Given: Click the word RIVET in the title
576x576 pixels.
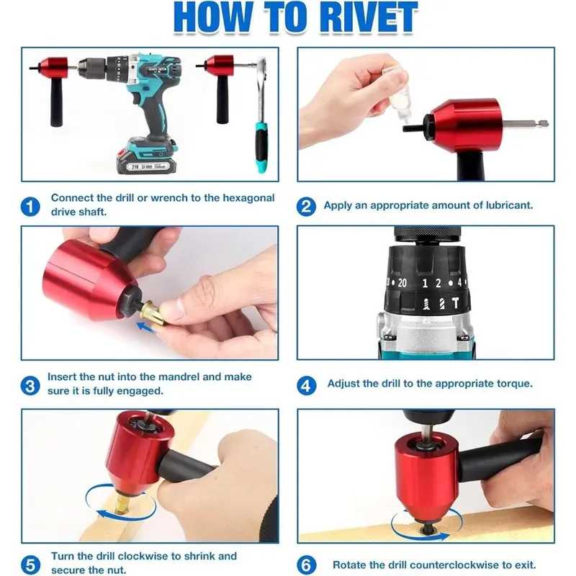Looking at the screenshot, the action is pos(369,17).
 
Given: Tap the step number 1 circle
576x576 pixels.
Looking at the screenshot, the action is pos(30,207).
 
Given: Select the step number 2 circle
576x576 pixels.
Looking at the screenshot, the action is pos(306,207).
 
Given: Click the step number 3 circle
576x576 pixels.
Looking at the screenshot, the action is pos(30,386).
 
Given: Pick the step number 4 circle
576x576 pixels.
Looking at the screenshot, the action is pos(306,386).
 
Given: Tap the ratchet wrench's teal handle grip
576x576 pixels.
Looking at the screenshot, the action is pos(261,147).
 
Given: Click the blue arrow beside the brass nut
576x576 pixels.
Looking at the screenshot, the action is pos(147,327).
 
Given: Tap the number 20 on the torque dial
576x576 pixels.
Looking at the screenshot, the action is pos(402,283).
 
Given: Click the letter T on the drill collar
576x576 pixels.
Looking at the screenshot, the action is pos(456,303).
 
